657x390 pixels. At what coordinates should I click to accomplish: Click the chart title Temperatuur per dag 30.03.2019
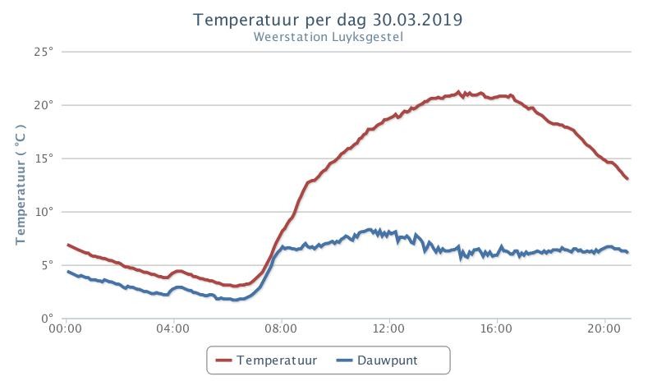coord(328,20)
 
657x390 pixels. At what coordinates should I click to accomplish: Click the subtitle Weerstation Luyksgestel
coord(328,37)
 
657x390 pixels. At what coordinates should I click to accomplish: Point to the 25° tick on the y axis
coord(44,52)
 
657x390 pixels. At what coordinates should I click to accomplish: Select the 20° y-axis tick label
coord(44,105)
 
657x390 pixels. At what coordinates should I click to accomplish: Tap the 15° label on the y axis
coord(44,158)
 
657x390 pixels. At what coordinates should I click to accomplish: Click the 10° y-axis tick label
coord(44,212)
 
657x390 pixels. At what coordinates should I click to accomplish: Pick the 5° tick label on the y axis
coord(48,265)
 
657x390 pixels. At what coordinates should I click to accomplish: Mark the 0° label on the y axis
coord(48,319)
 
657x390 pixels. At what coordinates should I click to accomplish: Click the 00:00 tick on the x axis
coord(66,328)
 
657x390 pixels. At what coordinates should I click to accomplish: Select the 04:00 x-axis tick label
coord(173,328)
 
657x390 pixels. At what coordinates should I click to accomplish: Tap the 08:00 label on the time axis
coord(281,328)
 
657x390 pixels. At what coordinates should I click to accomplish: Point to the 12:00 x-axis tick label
coord(388,328)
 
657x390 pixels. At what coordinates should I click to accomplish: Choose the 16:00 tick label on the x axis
coord(497,328)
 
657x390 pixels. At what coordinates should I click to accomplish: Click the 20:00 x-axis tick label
coord(604,328)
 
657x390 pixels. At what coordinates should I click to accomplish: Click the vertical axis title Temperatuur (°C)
coord(20,184)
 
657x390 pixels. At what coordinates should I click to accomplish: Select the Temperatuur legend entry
coord(266,360)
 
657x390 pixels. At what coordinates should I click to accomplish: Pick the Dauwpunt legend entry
coord(377,360)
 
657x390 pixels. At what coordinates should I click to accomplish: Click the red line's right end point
coord(627,179)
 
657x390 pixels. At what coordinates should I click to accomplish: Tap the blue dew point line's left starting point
coord(68,272)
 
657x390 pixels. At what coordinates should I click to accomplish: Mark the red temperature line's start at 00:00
coord(68,245)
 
